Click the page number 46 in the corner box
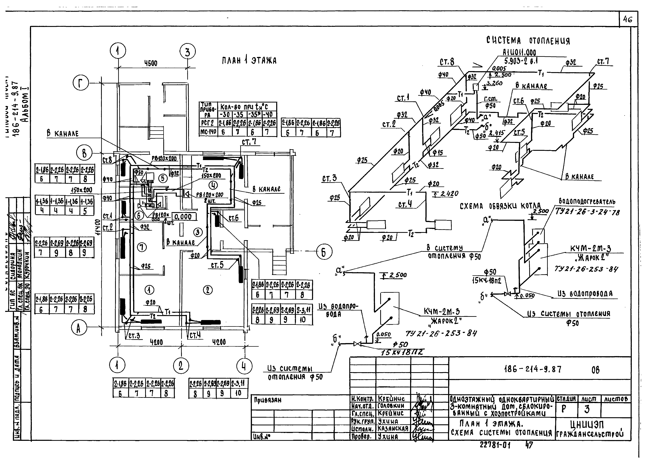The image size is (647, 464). pos(628,19)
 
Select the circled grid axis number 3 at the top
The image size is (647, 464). pos(187,52)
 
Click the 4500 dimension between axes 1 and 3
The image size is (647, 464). pos(151,63)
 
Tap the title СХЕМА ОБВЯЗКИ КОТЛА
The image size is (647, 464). pos(500,206)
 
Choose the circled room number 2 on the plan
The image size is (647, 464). pos(207,290)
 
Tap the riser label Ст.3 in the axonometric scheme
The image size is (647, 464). pos(329,179)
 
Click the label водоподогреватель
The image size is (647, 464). pos(587,202)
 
